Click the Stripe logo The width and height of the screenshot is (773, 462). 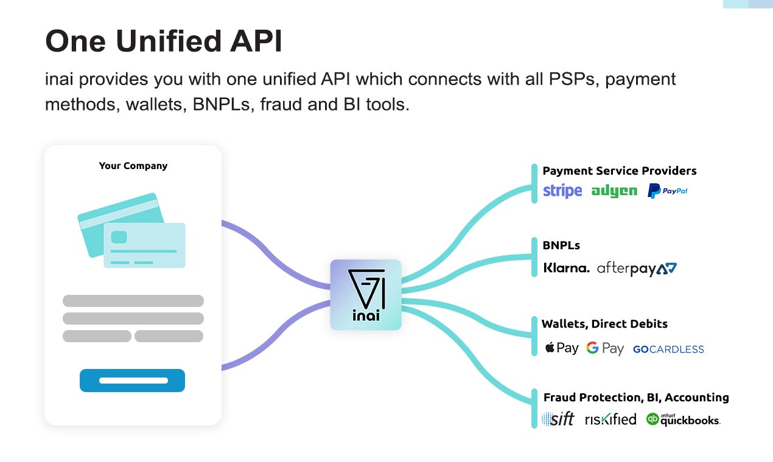click(562, 191)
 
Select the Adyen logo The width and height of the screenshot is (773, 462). click(614, 191)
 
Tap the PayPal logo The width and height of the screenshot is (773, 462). click(668, 191)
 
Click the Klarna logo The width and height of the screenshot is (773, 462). click(566, 268)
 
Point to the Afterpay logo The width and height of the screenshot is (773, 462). click(637, 269)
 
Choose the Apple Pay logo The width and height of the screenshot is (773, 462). click(562, 348)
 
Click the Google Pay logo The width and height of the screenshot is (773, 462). click(605, 348)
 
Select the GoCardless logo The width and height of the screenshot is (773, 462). click(668, 350)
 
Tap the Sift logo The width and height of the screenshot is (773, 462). click(558, 419)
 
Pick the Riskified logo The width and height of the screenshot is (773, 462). click(611, 419)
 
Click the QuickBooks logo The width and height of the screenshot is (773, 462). click(684, 419)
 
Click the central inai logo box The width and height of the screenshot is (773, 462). click(366, 295)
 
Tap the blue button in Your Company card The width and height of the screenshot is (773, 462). click(132, 381)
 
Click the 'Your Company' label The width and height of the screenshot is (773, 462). click(133, 166)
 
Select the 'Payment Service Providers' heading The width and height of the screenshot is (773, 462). click(620, 171)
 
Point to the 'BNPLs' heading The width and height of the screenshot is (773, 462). click(561, 245)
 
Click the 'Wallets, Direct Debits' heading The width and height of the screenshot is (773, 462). click(604, 324)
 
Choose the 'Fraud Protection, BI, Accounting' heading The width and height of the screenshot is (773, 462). click(636, 397)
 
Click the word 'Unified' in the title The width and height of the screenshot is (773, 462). click(169, 41)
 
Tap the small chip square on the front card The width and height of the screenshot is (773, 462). click(119, 237)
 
